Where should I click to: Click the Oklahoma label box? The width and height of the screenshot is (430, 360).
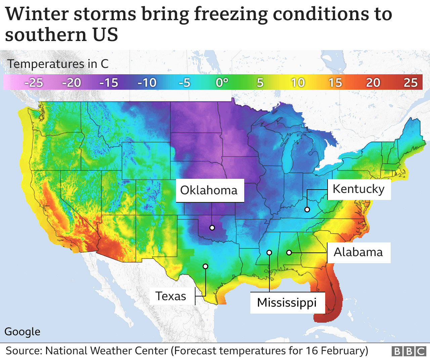coord(209,190)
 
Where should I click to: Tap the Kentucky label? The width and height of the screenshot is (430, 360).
coord(358,189)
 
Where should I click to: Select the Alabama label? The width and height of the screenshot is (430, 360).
coord(358,252)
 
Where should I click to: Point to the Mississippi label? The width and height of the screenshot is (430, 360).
coord(287,303)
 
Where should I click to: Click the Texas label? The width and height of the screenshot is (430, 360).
coord(171,296)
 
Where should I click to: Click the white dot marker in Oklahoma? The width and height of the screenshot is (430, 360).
coord(212,228)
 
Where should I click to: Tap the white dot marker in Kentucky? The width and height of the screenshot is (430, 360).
coord(307,209)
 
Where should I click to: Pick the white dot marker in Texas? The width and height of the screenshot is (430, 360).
coord(205,266)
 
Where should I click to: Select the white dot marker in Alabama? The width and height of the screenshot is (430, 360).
coord(289,252)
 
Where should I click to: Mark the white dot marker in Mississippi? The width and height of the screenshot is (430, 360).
coord(269,252)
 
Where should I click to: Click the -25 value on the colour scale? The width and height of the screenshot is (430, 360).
coord(34,83)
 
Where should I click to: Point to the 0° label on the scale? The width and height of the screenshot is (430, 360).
coord(222,83)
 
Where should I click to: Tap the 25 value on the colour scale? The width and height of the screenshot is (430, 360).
coord(410,83)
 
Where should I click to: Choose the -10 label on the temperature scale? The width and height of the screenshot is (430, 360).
coord(147,83)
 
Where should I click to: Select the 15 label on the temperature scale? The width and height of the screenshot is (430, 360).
coord(335,83)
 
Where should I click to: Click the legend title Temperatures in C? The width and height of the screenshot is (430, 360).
coord(58,64)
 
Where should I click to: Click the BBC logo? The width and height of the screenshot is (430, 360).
coord(409,351)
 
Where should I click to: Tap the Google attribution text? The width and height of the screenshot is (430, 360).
coord(22,332)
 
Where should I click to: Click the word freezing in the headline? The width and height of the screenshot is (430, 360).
coord(231,14)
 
